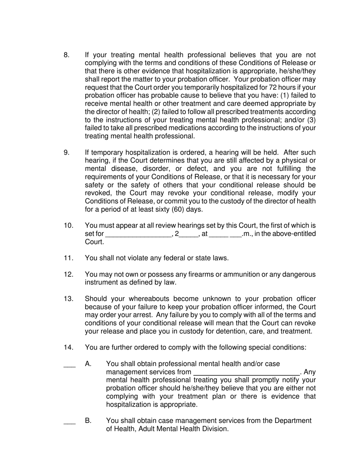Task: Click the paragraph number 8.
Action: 66,55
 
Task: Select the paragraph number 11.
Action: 68,258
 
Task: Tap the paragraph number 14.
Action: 68,347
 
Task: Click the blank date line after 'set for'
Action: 138,234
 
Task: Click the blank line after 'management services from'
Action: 247,372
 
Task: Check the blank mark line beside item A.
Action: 70,365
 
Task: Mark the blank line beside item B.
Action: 70,422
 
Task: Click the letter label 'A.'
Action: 89,364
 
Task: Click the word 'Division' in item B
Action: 214,429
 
